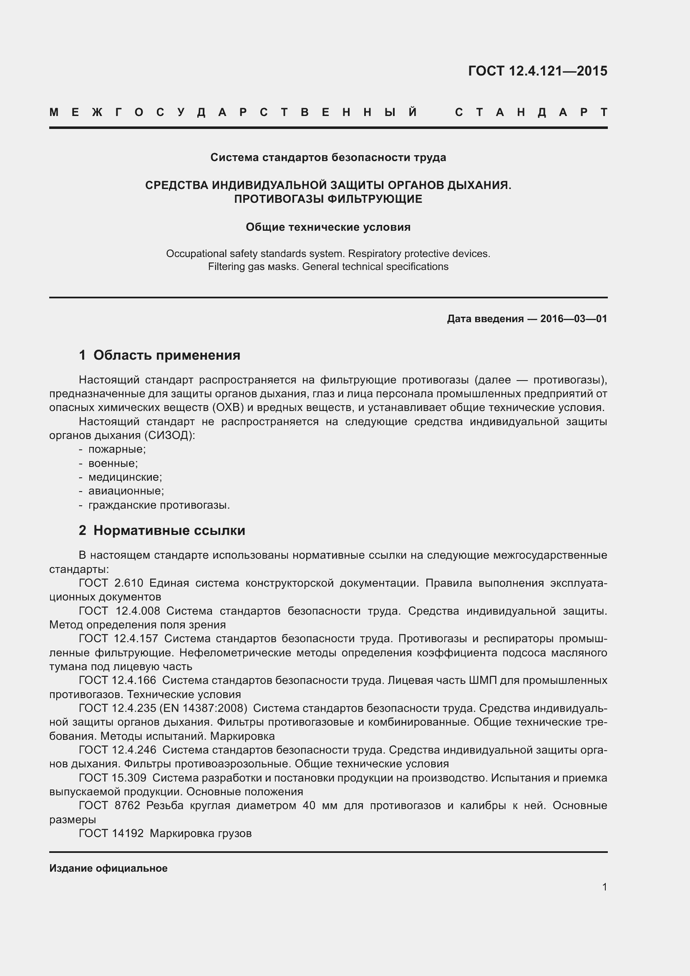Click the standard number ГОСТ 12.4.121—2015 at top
pos(537,71)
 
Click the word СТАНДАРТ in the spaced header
pos(531,113)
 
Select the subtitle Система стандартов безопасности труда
pos(328,158)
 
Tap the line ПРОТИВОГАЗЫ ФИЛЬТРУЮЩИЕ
pos(328,199)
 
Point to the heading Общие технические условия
pos(328,227)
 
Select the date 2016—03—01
pos(574,319)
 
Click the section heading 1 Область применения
pos(160,355)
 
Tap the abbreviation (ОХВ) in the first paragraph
pos(228,408)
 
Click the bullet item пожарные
pos(117,449)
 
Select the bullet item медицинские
pos(125,477)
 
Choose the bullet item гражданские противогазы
pos(159,505)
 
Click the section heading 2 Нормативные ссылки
pos(162,530)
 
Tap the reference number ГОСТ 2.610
pos(111,583)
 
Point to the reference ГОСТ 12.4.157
pos(118,638)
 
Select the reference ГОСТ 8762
pos(109,805)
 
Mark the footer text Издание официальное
pos(108,868)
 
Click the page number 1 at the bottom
pos(604,887)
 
